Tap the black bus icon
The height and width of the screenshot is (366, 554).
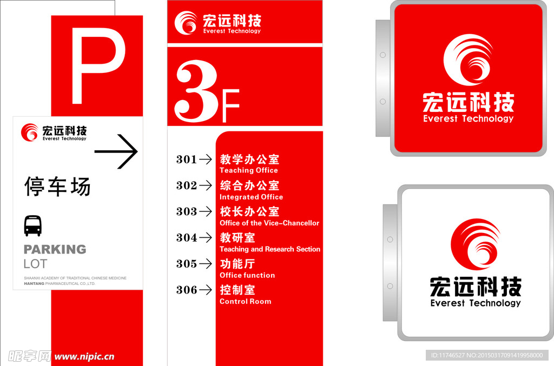coord(32,226)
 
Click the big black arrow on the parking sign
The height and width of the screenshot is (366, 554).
coord(116,152)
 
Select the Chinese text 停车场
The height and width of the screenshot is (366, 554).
coord(57,186)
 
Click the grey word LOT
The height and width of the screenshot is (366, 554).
coord(35,264)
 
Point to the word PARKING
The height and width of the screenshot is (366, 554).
coord(55,249)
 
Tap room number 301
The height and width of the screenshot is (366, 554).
coord(186,159)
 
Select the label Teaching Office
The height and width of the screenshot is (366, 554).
coord(248,170)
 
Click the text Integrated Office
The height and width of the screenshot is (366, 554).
coord(251,197)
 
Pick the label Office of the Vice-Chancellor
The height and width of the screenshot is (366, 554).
coord(269,223)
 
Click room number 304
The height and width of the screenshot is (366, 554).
coord(186,237)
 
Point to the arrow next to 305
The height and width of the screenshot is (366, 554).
coord(206,264)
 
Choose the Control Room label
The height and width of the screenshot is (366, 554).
coord(245,301)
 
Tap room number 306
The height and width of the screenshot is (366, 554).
coord(186,290)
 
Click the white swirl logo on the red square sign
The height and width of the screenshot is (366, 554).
coord(468,59)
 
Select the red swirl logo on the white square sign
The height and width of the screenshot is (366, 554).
coord(475,244)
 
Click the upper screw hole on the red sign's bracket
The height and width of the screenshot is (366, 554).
coord(382,55)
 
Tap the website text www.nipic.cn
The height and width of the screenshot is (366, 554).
coord(84,356)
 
